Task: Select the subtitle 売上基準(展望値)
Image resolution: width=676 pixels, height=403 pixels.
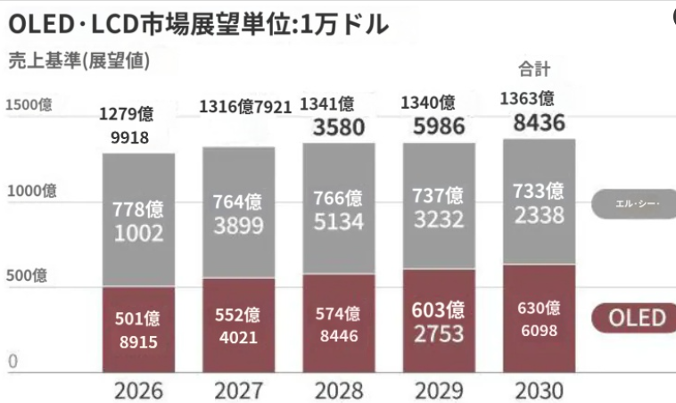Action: click(x=78, y=62)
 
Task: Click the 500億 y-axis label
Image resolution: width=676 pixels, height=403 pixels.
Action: click(x=28, y=276)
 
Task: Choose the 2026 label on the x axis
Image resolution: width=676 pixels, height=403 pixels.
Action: click(x=138, y=390)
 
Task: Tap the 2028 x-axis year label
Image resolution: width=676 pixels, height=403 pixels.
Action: click(x=339, y=390)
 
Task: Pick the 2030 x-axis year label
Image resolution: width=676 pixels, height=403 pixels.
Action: click(x=539, y=390)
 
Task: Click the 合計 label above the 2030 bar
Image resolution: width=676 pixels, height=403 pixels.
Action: click(x=534, y=69)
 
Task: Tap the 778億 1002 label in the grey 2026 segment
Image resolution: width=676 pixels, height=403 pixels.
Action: click(x=138, y=221)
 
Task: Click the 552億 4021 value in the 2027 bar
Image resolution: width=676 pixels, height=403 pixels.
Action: click(x=238, y=326)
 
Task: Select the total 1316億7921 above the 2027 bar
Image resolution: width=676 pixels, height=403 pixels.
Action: click(x=245, y=107)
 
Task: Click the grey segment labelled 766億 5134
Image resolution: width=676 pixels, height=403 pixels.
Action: click(x=339, y=210)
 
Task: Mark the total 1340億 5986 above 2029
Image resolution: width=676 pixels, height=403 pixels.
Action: click(x=438, y=115)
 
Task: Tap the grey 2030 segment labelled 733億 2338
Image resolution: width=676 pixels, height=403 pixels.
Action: click(x=539, y=202)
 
